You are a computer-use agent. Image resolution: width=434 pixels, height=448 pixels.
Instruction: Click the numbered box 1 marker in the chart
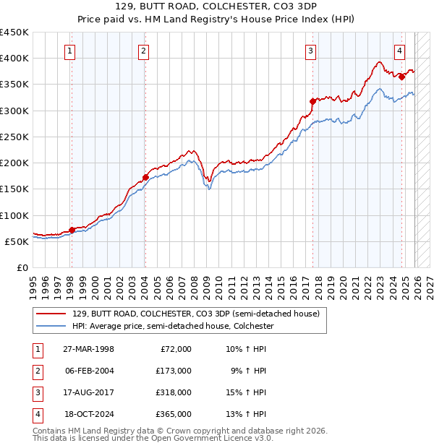(x=70, y=51)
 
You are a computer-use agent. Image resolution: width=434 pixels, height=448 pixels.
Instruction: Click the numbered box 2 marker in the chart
(x=144, y=51)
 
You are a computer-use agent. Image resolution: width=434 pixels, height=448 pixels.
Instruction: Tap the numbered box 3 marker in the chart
(x=310, y=51)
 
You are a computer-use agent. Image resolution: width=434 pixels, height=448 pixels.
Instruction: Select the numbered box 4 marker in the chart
(x=399, y=51)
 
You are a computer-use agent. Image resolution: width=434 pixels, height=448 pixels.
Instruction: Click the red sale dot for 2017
(x=312, y=101)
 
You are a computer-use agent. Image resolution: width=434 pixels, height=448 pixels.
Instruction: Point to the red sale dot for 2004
(x=145, y=177)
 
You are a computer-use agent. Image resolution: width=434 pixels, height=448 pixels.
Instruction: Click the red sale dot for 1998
(x=72, y=230)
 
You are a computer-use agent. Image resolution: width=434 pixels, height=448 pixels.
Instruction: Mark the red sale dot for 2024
(x=401, y=77)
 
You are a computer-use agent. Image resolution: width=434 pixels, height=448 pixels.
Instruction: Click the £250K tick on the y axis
(x=14, y=137)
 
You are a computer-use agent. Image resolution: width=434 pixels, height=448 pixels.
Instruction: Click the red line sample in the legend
(x=53, y=313)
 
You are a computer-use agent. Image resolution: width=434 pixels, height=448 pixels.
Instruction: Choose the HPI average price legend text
(x=173, y=326)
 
